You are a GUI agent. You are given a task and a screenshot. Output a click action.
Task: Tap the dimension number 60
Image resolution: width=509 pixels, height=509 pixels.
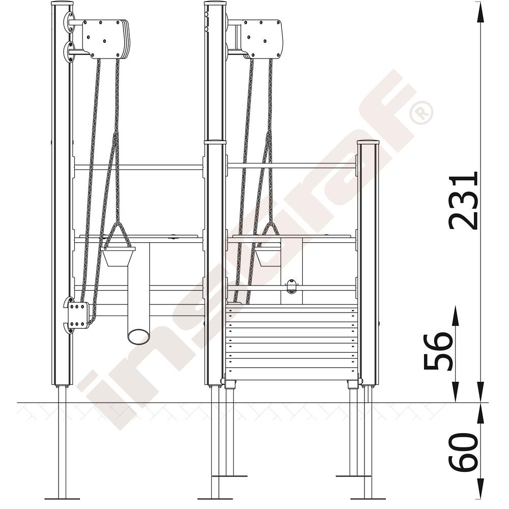coord(463,453)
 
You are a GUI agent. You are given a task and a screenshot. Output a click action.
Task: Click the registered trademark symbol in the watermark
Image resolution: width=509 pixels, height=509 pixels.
coord(421,112)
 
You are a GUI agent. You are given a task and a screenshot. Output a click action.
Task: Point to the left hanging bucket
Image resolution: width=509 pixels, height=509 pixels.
coord(118,257)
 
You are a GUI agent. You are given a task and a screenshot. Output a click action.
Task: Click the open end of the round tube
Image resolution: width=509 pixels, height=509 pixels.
coord(139,336)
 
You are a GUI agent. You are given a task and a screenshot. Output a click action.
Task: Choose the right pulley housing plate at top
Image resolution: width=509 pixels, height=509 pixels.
coord(262,39)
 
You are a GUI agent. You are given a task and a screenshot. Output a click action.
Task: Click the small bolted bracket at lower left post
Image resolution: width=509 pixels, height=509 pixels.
coord(77,315)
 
